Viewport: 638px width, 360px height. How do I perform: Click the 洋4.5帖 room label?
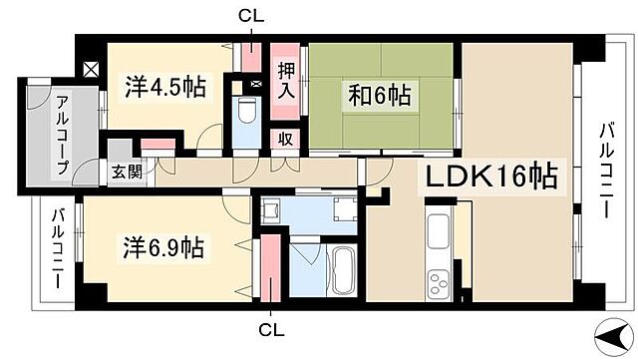point(165,86)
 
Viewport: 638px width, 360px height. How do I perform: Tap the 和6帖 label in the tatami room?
point(379,98)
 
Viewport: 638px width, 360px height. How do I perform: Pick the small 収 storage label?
point(286,140)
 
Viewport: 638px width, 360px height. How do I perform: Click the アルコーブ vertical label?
point(62,134)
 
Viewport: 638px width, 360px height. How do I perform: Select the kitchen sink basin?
point(439,235)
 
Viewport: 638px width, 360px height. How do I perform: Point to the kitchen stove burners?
point(439,285)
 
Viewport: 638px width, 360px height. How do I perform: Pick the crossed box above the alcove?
point(91,71)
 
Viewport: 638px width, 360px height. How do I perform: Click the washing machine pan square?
point(344,208)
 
